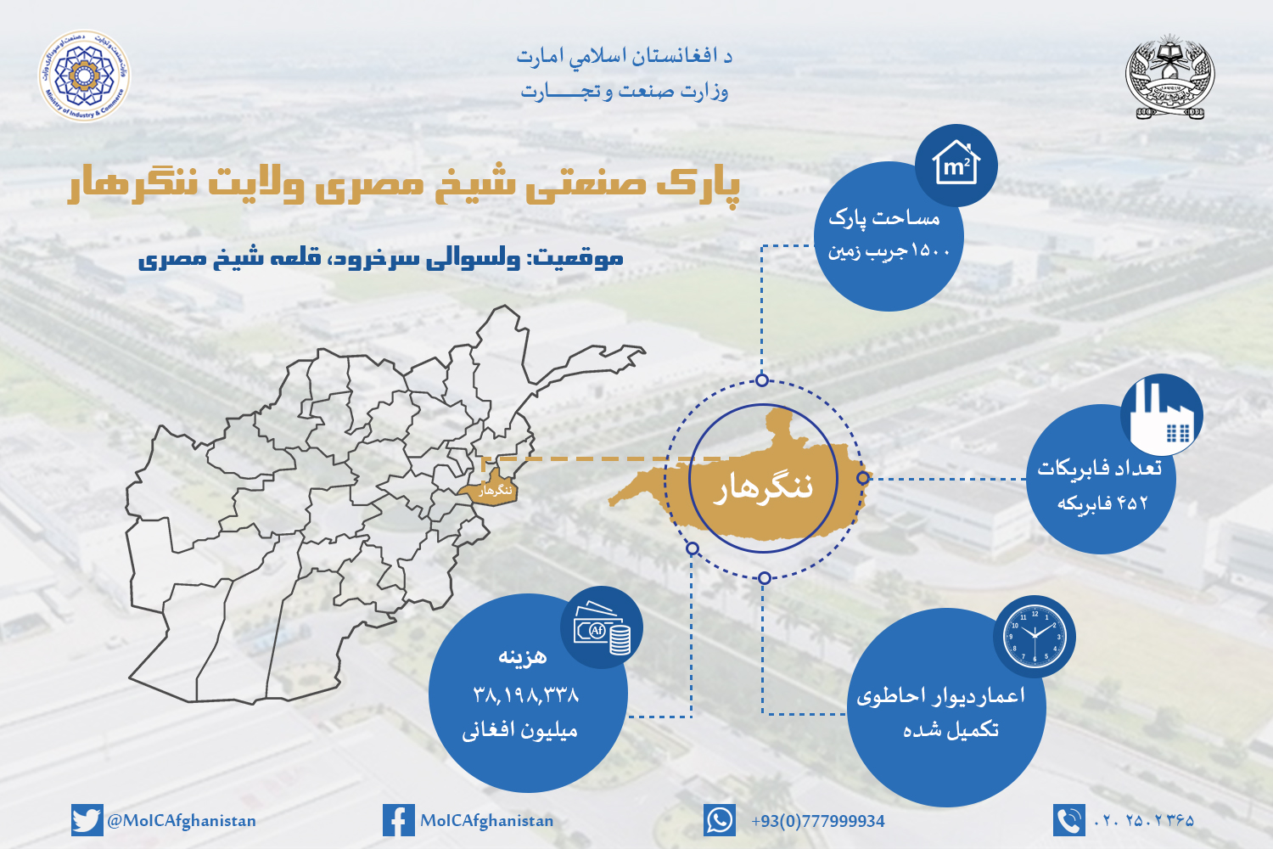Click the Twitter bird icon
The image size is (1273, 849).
point(87,821)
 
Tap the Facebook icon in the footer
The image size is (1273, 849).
point(398,821)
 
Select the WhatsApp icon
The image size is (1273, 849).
point(719,821)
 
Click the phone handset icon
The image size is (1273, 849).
point(1068,821)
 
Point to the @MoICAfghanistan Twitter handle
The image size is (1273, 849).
point(181,821)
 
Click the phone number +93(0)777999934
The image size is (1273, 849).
point(817,821)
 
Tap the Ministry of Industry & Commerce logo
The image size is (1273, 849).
point(83,76)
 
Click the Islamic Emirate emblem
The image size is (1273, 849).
point(1169,76)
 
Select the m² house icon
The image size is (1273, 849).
point(956,165)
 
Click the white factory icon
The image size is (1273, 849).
point(1161,415)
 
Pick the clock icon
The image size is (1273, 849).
point(1034,636)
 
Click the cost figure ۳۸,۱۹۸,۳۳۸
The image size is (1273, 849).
point(526,696)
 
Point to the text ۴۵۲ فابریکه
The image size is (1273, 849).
point(1102,503)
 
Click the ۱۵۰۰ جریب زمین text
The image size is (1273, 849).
point(889,251)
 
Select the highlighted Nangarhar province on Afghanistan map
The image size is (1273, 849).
point(490,490)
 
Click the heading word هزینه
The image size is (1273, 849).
point(523,656)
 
